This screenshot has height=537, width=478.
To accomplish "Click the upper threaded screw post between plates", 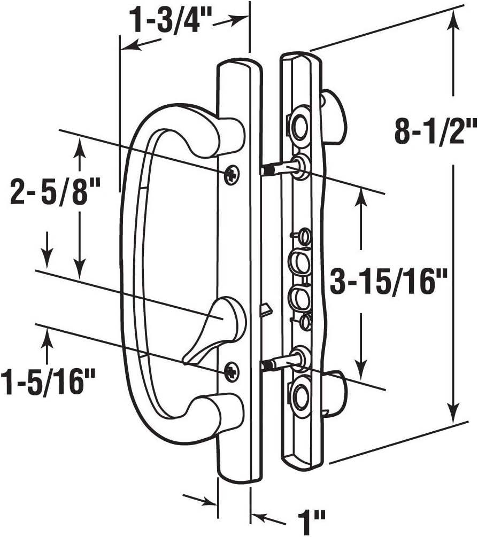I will coord(275,169).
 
